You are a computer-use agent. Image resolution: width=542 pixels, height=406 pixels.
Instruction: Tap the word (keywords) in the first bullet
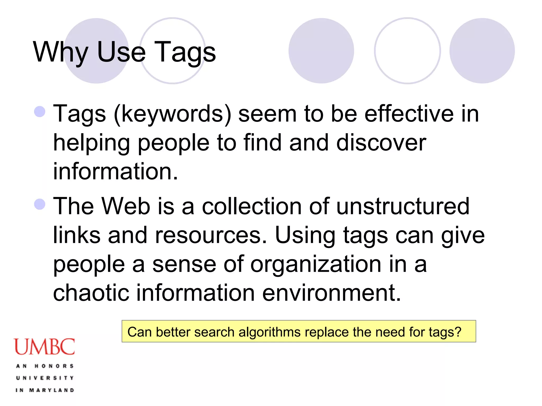172,114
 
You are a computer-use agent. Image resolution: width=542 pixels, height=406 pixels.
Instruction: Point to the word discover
381,143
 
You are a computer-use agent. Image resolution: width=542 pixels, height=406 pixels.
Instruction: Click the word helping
92,143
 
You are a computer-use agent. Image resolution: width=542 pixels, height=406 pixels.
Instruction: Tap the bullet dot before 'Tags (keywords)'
40,112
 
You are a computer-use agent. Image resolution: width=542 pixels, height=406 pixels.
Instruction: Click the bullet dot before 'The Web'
40,204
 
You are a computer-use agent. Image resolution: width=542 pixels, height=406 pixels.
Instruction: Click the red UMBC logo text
44,347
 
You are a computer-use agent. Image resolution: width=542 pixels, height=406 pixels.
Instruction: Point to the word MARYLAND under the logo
52,390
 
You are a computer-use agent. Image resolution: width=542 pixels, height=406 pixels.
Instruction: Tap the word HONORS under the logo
54,366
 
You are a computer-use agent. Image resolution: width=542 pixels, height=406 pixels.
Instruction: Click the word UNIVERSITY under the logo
45,378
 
